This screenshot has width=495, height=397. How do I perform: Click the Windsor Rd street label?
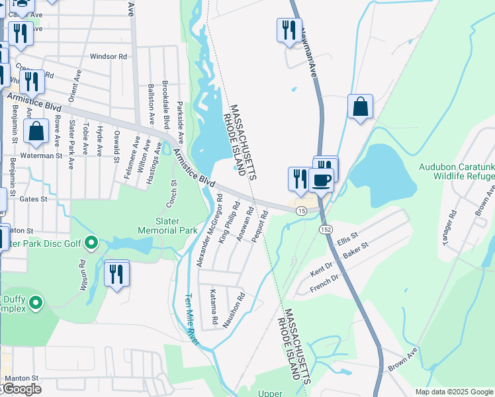[x=109, y=57]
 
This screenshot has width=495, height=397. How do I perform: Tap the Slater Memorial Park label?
[x=167, y=226]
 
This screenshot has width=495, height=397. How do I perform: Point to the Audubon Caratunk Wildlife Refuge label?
[x=456, y=171]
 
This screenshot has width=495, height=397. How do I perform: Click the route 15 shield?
[x=301, y=210]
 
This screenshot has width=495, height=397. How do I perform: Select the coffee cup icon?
[x=321, y=179]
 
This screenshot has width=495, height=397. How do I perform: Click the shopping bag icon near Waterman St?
[x=36, y=132]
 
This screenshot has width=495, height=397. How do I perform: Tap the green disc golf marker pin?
[x=91, y=243]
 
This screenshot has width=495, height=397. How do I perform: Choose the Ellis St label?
[x=347, y=236]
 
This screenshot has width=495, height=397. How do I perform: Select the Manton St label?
[x=22, y=378]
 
